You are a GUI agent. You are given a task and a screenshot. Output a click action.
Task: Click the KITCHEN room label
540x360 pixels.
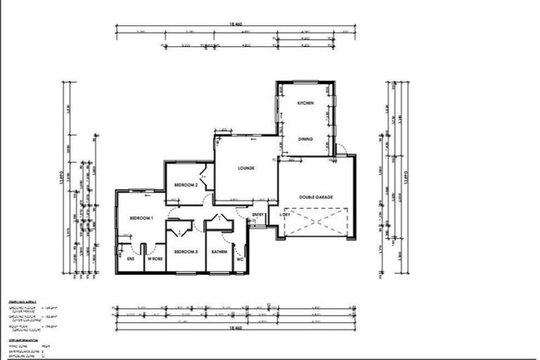[304, 103]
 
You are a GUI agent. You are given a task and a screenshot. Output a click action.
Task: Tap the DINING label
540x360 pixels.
[305, 139]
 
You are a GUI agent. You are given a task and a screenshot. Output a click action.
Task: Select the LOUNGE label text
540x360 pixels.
[245, 168]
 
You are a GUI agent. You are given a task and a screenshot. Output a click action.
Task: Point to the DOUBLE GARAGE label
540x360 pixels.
[316, 197]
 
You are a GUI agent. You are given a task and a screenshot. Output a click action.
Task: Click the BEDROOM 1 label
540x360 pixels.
[141, 219]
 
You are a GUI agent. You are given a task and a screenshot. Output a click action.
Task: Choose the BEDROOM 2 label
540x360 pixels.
[186, 184]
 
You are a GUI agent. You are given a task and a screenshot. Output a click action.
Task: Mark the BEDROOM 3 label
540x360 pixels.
[186, 251]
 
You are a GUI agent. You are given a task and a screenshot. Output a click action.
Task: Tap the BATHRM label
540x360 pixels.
[219, 251]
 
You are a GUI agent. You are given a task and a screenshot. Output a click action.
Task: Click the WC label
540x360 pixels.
[240, 259]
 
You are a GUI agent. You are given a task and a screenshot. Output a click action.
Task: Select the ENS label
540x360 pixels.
[131, 259]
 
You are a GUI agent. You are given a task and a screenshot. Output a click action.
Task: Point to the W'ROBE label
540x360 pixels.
[155, 259]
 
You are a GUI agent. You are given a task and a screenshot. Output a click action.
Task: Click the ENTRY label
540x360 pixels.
[258, 214]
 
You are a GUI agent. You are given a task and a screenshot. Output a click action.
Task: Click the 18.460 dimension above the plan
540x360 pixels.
[236, 24]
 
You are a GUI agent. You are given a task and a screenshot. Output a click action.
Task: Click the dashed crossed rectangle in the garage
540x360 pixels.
[315, 221]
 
